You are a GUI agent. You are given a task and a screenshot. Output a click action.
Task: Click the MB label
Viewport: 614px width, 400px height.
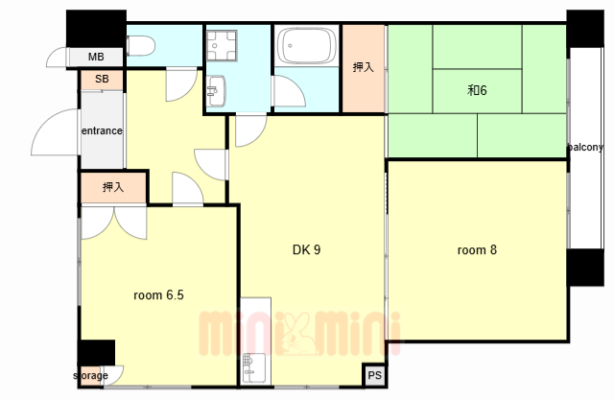click(x=96, y=58)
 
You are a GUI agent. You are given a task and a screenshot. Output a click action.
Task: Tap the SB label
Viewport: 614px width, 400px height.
click(x=102, y=79)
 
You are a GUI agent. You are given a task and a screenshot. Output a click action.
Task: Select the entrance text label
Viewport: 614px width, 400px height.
click(x=102, y=130)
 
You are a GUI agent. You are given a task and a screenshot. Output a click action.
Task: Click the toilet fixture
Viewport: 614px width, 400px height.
click(x=141, y=45)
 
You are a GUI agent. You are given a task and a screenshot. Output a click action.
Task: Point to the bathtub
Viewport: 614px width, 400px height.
click(x=307, y=45)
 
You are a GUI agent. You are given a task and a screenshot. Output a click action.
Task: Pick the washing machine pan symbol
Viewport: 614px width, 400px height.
click(x=222, y=45)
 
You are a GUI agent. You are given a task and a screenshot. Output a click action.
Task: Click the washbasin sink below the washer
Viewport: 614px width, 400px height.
click(x=216, y=91)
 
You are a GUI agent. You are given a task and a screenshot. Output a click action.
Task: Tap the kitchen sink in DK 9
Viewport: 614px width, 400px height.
click(x=252, y=368)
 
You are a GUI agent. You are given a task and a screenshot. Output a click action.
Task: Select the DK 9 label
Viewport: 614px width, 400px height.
click(x=307, y=249)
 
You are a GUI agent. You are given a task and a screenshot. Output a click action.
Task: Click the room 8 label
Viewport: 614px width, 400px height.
click(x=477, y=249)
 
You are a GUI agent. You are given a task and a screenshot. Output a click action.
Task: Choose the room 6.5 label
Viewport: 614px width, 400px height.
click(x=158, y=294)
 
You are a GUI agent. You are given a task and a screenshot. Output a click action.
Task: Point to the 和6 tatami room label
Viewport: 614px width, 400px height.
click(x=477, y=90)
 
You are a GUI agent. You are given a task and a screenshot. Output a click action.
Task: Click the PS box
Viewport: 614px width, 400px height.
click(x=375, y=375)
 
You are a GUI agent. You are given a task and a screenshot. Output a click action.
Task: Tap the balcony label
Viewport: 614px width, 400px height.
click(x=585, y=148)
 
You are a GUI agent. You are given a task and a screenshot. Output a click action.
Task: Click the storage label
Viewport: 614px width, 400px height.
click(x=91, y=376)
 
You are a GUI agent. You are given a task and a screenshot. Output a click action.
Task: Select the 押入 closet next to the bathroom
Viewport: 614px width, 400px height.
click(x=363, y=68)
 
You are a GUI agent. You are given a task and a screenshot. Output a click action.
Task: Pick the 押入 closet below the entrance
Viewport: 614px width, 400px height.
click(x=113, y=187)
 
